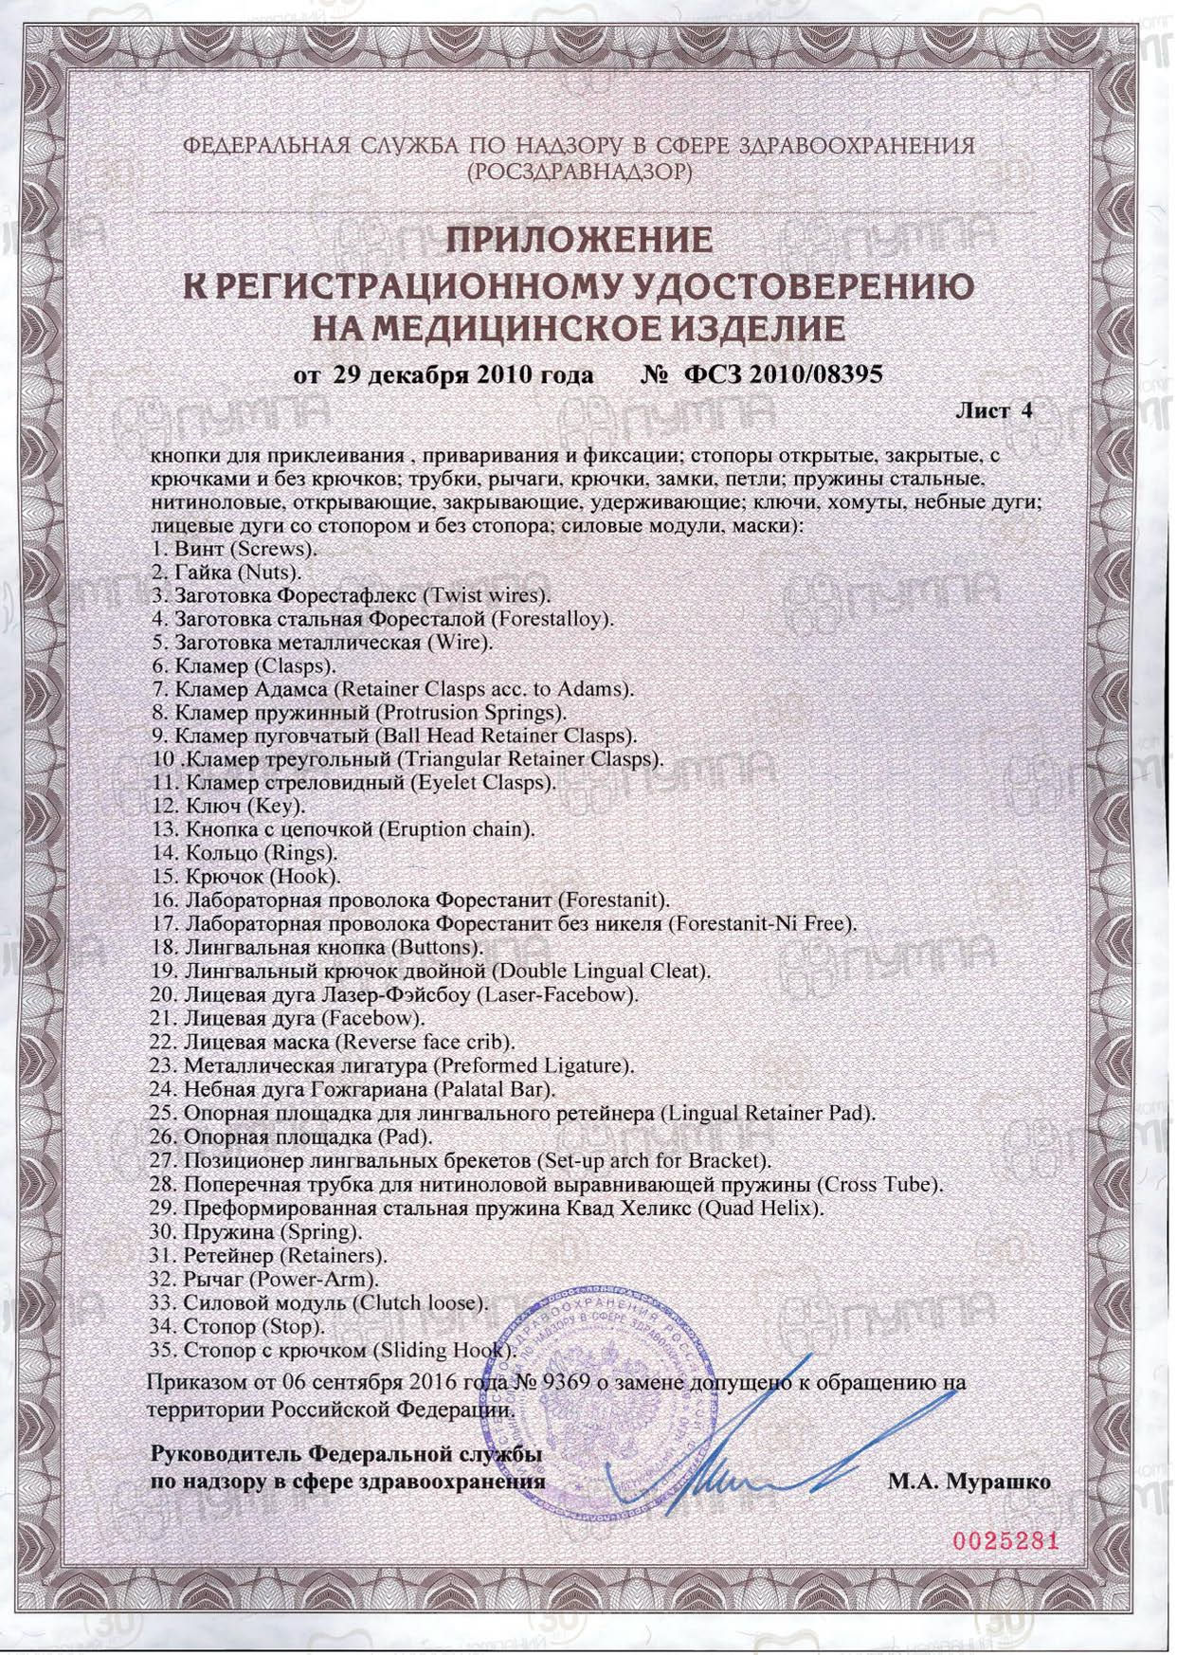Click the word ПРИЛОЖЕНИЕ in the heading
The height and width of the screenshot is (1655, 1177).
[579, 240]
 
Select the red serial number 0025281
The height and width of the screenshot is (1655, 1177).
[1004, 1541]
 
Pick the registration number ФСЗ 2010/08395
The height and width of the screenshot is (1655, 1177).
[783, 374]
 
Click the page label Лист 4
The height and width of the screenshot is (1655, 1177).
[994, 411]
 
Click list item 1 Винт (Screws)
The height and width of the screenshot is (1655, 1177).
[235, 550]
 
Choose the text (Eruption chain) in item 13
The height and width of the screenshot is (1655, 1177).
[457, 829]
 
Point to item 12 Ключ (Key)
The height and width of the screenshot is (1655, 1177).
[228, 806]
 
